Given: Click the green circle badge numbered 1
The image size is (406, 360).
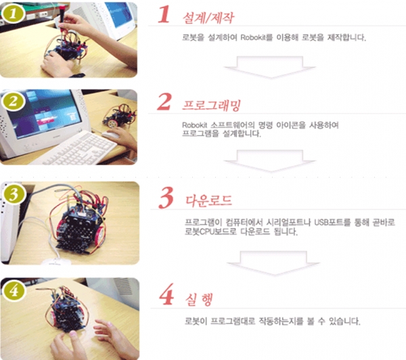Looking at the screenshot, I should pos(12,12).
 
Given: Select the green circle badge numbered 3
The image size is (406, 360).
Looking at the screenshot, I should pos(12,194).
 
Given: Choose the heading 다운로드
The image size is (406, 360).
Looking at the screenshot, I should pos(208,201).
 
